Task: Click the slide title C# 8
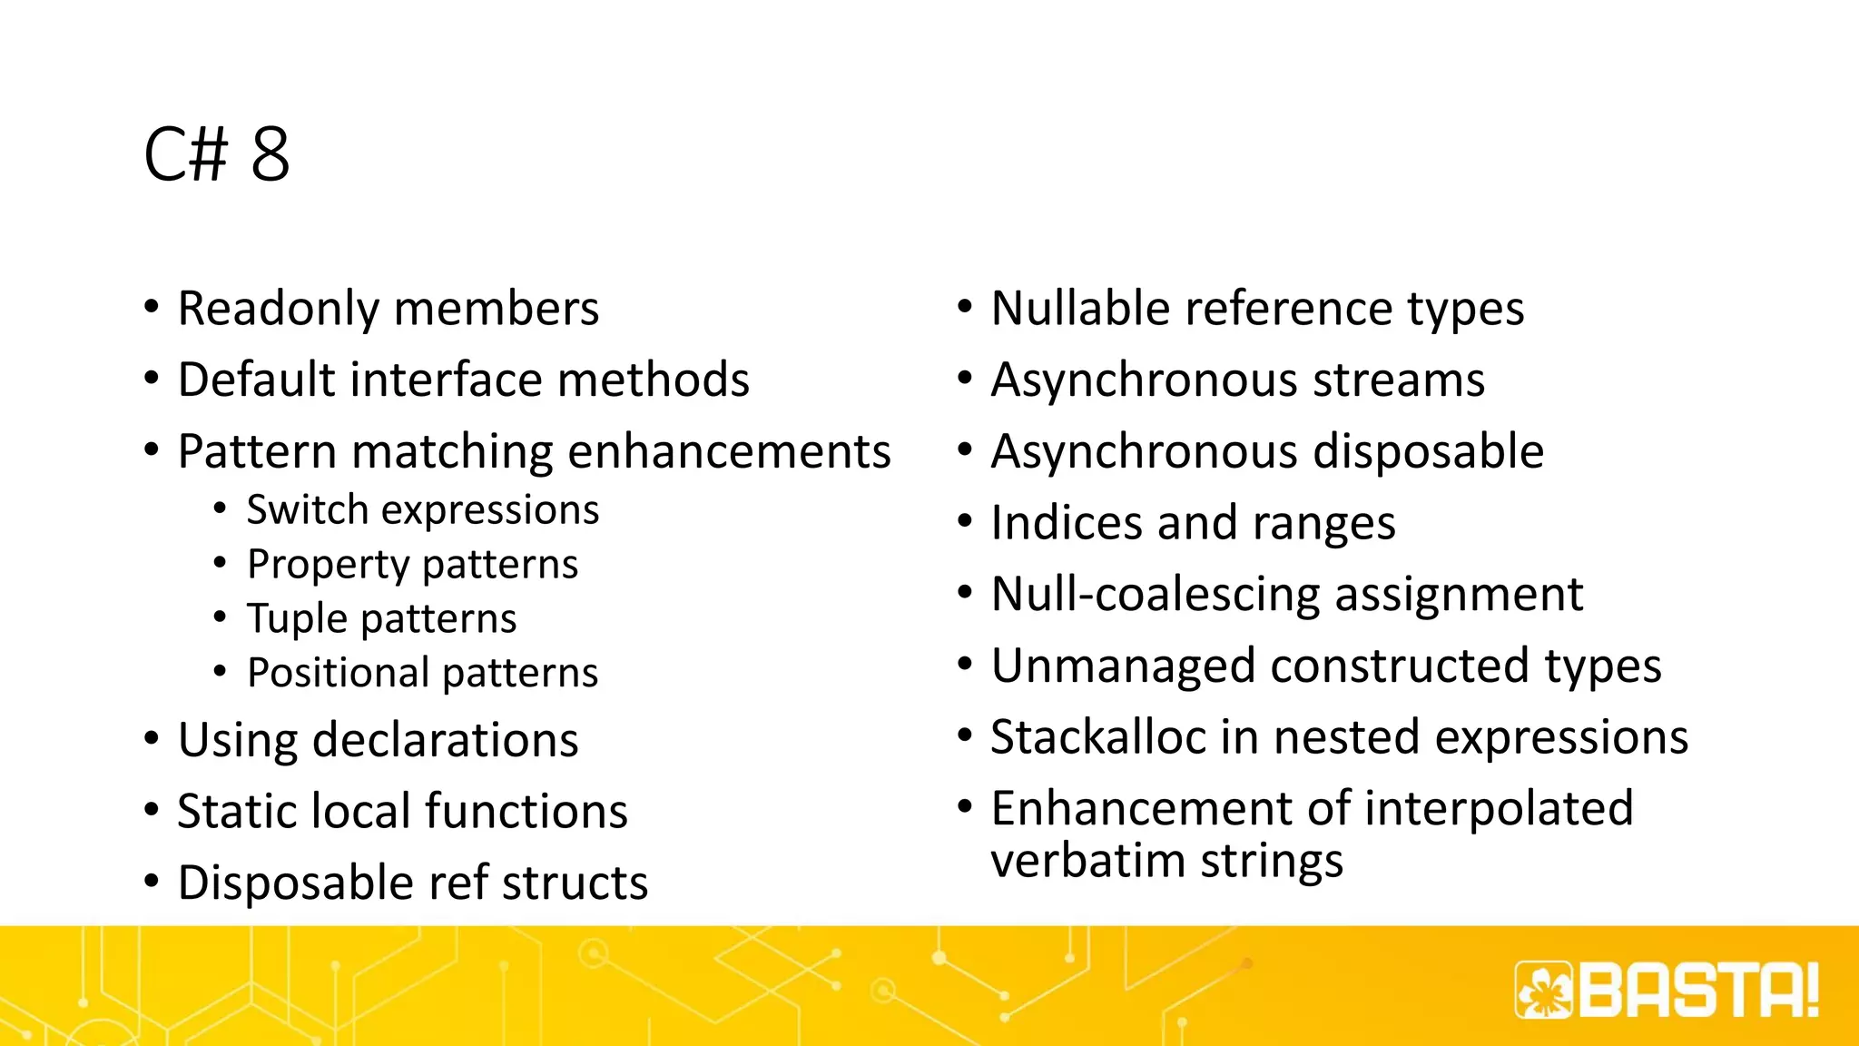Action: point(217,154)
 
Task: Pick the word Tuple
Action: point(297,618)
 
